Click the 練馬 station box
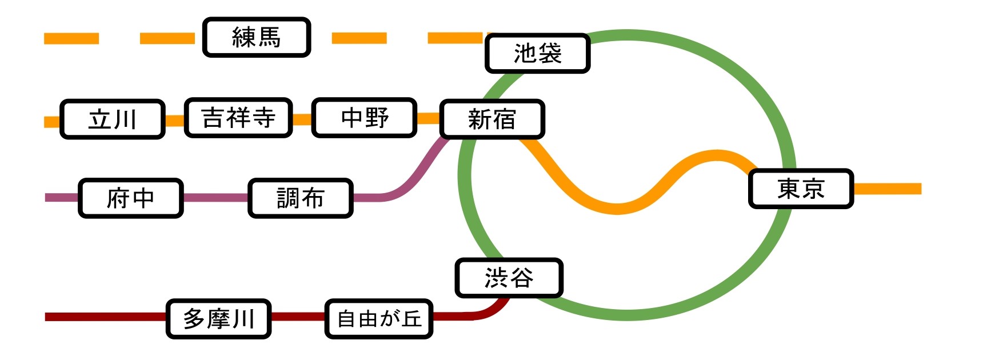pos(257,38)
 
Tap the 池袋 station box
pos(537,54)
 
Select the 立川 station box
pos(113,119)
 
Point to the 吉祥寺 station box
pos(238,118)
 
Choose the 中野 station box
pos(364,118)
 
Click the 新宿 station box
pos(491,119)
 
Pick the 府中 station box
pos(131,198)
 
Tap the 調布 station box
pos(301,198)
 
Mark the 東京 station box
pos(801,189)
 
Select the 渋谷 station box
pos(509,278)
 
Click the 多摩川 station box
pos(219,319)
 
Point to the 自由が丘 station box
pos(379,319)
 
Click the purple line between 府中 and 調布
pos(215,198)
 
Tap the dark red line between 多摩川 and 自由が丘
pos(298,317)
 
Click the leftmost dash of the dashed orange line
pos(71,38)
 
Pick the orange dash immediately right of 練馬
pos(359,38)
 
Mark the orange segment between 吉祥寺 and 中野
pos(302,119)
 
